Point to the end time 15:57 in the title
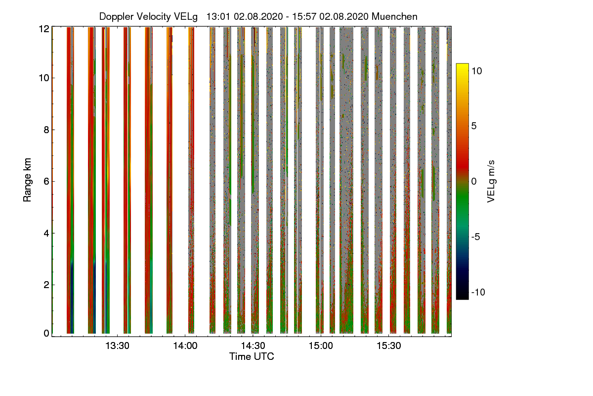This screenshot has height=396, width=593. tap(304, 16)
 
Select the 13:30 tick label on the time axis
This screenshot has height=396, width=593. tap(118, 346)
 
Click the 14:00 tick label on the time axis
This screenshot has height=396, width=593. tap(185, 346)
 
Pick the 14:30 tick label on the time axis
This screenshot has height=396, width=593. tap(253, 346)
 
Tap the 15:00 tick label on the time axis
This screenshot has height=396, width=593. tap(320, 346)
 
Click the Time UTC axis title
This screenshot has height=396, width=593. tap(252, 356)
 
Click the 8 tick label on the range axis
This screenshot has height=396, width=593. tap(46, 130)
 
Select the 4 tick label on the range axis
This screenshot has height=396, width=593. tap(46, 233)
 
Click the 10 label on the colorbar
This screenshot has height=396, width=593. tap(476, 71)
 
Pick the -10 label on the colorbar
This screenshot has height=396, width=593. tap(478, 292)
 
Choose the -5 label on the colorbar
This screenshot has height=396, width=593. tap(476, 237)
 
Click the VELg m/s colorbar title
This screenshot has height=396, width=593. tap(491, 181)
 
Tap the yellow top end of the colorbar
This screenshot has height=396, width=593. tap(462, 66)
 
